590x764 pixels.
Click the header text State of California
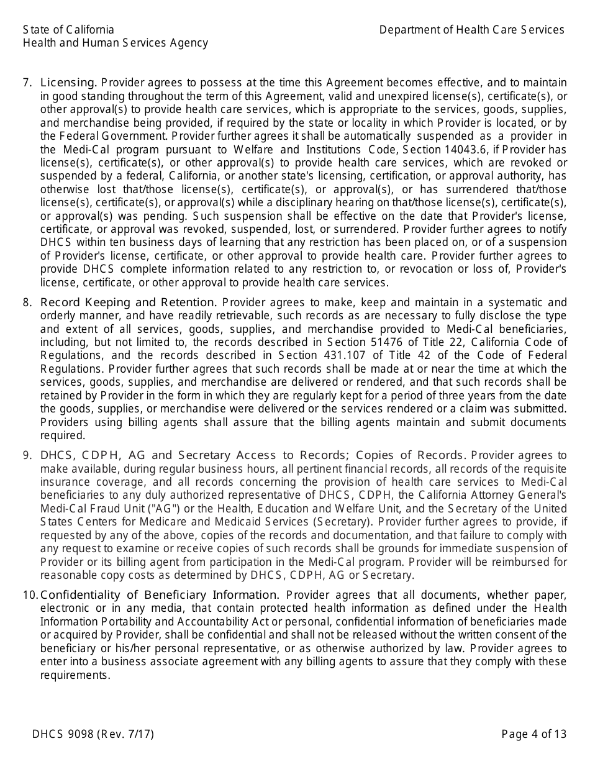pyautogui.click(x=68, y=30)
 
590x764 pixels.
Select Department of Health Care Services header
pyautogui.click(x=471, y=30)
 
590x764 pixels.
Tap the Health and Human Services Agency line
pyautogui.click(x=115, y=43)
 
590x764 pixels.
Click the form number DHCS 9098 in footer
pyautogui.click(x=63, y=734)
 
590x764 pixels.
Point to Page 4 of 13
pyautogui.click(x=533, y=734)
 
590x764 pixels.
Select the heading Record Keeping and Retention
pyautogui.click(x=128, y=302)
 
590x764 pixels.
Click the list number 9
pyautogui.click(x=27, y=455)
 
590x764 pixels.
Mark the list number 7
pyautogui.click(x=27, y=83)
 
